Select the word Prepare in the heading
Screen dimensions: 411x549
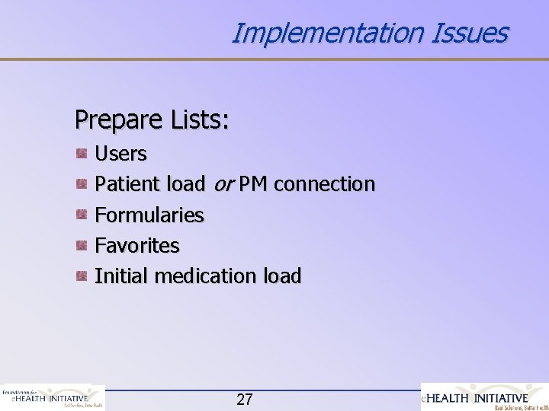click(x=118, y=119)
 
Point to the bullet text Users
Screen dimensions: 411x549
click(x=120, y=154)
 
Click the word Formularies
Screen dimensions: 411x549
click(x=149, y=215)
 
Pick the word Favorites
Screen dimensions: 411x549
click(x=136, y=246)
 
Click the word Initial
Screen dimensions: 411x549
click(x=122, y=276)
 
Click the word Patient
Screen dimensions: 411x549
click(x=123, y=184)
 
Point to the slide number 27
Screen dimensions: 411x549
click(x=244, y=399)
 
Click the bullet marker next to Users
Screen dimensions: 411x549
click(x=80, y=154)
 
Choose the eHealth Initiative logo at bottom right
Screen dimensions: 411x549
click(x=485, y=397)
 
